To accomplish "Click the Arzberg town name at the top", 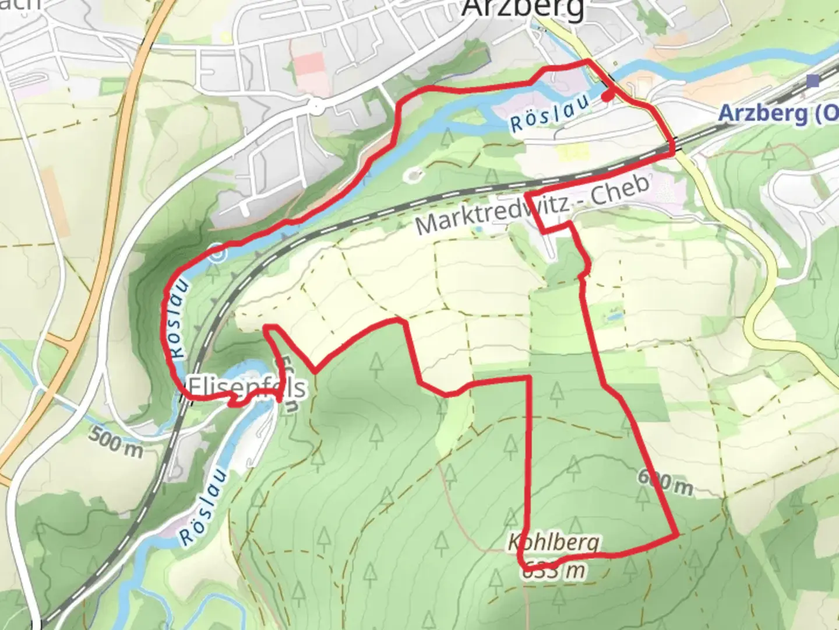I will pos(523,8).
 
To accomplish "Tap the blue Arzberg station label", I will pos(778,113).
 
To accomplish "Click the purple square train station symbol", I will pos(813,81).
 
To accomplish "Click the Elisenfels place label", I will pos(246,387).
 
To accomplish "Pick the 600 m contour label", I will pos(665,481).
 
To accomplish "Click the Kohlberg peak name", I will pos(554,542).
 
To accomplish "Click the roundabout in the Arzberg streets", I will pos(315,107).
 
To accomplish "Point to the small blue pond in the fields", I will pos(614,317).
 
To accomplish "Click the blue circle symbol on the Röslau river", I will pos(217,254).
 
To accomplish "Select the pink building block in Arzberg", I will pos(309,72).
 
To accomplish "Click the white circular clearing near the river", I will pos(414,174).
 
